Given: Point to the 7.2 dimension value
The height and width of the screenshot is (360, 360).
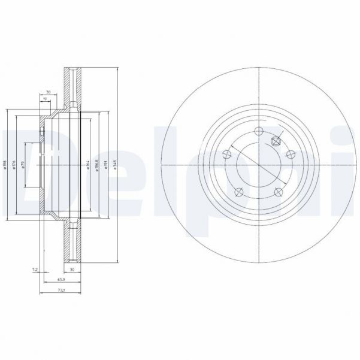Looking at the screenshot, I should (x=35, y=271).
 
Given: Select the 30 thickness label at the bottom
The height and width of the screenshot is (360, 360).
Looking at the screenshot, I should (x=72, y=271).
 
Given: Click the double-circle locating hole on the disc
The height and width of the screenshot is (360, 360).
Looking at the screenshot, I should (x=276, y=141).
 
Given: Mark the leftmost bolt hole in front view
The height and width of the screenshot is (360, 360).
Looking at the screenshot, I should (x=226, y=155).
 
